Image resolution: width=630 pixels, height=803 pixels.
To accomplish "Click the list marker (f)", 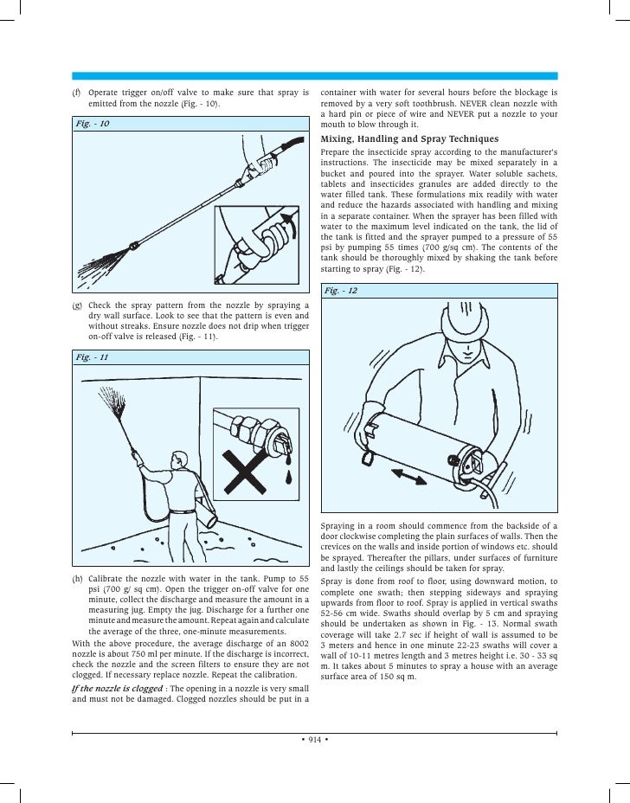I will (75, 93).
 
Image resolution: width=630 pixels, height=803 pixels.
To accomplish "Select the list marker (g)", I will (75, 306).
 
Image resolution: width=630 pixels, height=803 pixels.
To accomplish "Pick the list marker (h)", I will (75, 578).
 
